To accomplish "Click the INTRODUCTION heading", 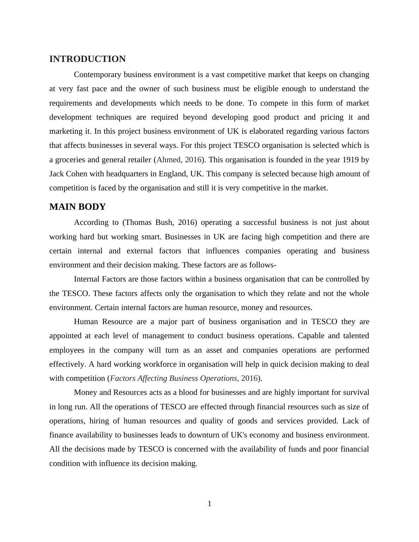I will click(x=87, y=59).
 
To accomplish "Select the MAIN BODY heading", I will click(x=77, y=207).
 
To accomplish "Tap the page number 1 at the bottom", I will click(x=210, y=504).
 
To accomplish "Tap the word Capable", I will click(x=311, y=336).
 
